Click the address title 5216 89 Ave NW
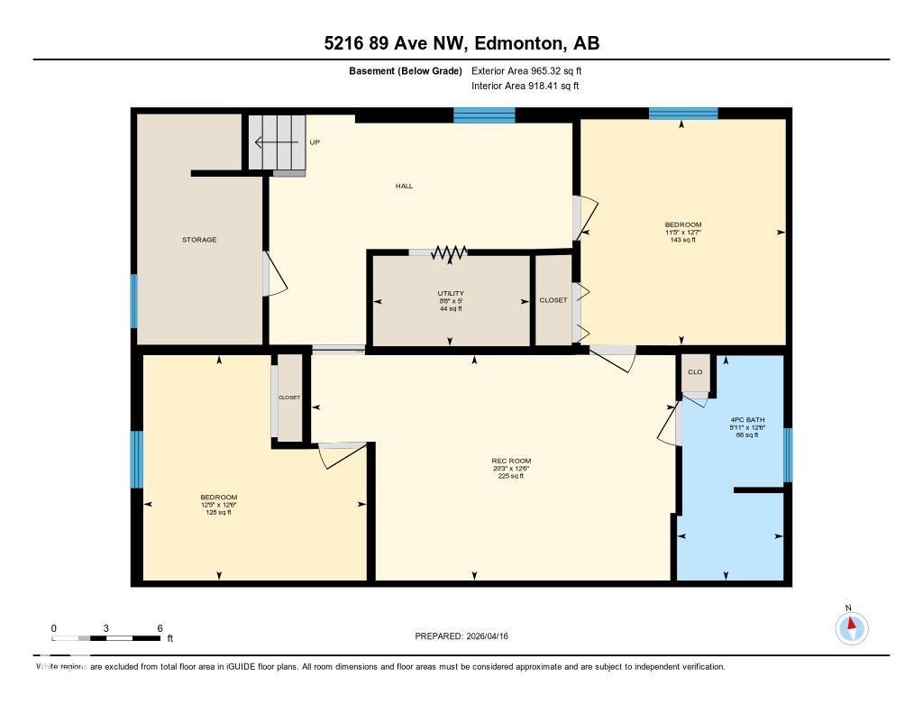(461, 42)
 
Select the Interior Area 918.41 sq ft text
(525, 87)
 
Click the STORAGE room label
(199, 240)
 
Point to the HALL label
(404, 186)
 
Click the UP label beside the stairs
(315, 142)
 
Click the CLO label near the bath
(695, 371)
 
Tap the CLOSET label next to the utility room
(553, 300)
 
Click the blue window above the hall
(484, 114)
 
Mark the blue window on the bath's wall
(787, 455)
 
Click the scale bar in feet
(106, 638)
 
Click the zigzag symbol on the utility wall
(448, 253)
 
